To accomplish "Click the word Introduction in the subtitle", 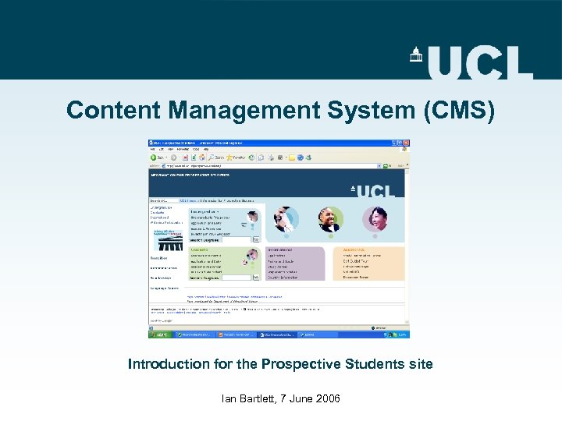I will [x=169, y=364].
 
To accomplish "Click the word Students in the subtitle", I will [x=382, y=364].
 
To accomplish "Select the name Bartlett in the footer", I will [x=261, y=398].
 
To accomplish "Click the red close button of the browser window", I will [x=405, y=143].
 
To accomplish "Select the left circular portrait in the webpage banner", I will [x=286, y=219].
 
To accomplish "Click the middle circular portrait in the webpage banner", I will [x=330, y=220].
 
